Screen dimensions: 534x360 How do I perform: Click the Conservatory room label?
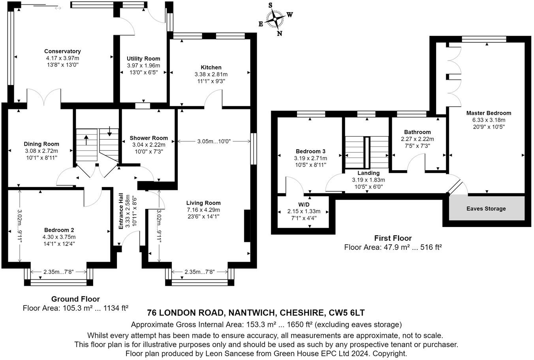62,51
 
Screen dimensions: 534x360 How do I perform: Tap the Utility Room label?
143,59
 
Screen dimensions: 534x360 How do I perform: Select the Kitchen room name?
211,67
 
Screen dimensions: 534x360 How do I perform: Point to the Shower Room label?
149,138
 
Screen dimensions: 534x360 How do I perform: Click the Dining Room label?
41,144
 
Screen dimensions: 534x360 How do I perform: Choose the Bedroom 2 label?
59,230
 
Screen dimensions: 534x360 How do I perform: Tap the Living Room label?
203,203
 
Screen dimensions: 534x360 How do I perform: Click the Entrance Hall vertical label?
122,210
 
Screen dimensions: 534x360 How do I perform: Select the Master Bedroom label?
489,113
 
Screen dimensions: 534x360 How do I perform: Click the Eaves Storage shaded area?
486,208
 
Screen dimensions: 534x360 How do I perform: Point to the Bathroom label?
417,132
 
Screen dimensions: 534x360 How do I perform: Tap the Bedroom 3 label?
310,151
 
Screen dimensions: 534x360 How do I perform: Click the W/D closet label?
304,204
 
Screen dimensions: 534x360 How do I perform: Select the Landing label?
368,173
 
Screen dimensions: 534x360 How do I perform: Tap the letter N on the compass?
280,34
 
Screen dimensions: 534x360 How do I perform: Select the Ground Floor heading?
75,299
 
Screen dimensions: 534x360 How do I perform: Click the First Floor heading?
393,238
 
